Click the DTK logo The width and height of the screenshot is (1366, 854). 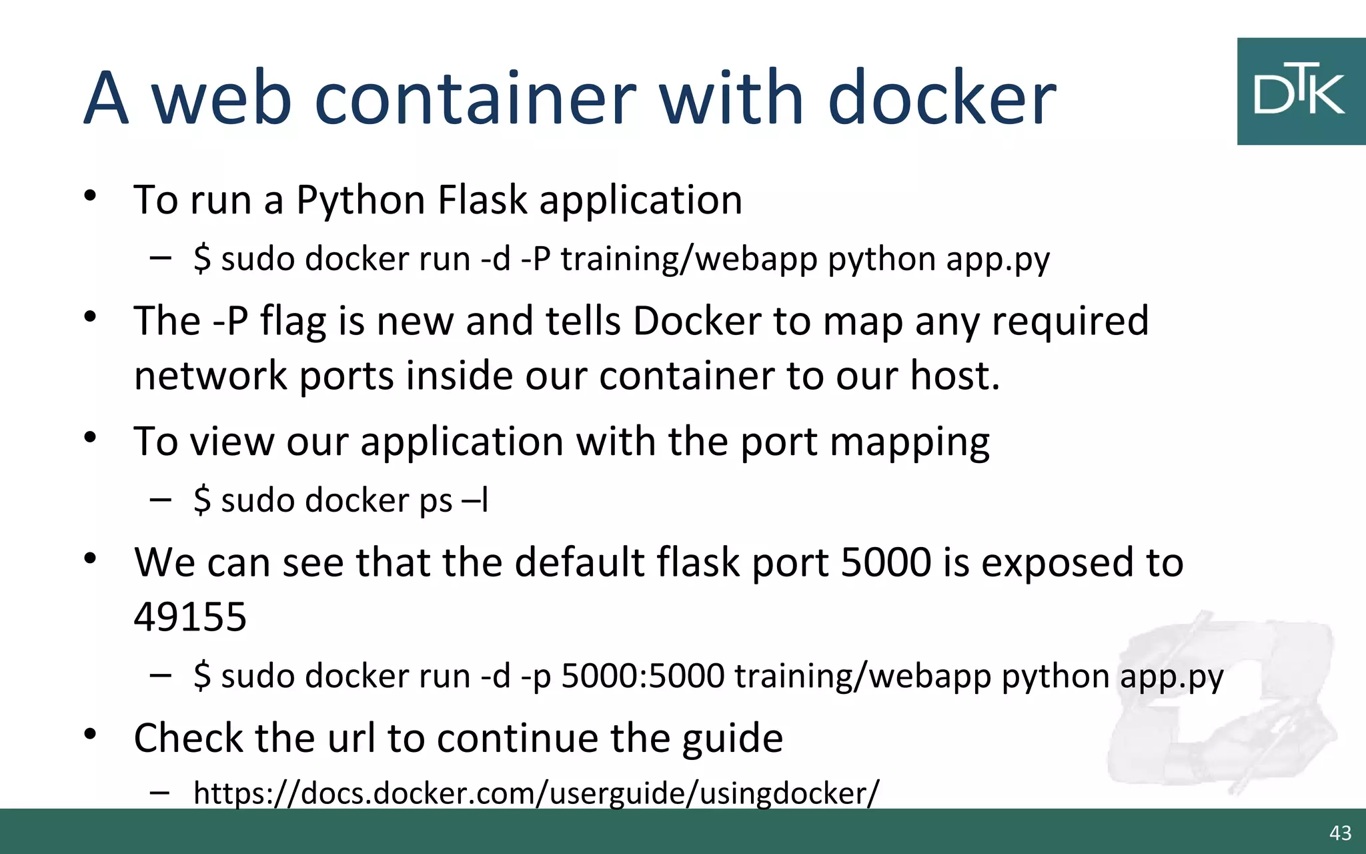click(1301, 91)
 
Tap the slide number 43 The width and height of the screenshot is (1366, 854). click(1340, 833)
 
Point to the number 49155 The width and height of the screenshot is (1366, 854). click(190, 616)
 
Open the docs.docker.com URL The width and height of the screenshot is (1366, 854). click(536, 793)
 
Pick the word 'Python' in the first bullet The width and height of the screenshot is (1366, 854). click(361, 200)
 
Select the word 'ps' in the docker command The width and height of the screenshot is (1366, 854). click(436, 500)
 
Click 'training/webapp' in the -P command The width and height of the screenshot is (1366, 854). click(689, 259)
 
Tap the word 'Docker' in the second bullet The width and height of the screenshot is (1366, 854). click(697, 321)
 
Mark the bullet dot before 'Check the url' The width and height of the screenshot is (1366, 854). click(91, 735)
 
